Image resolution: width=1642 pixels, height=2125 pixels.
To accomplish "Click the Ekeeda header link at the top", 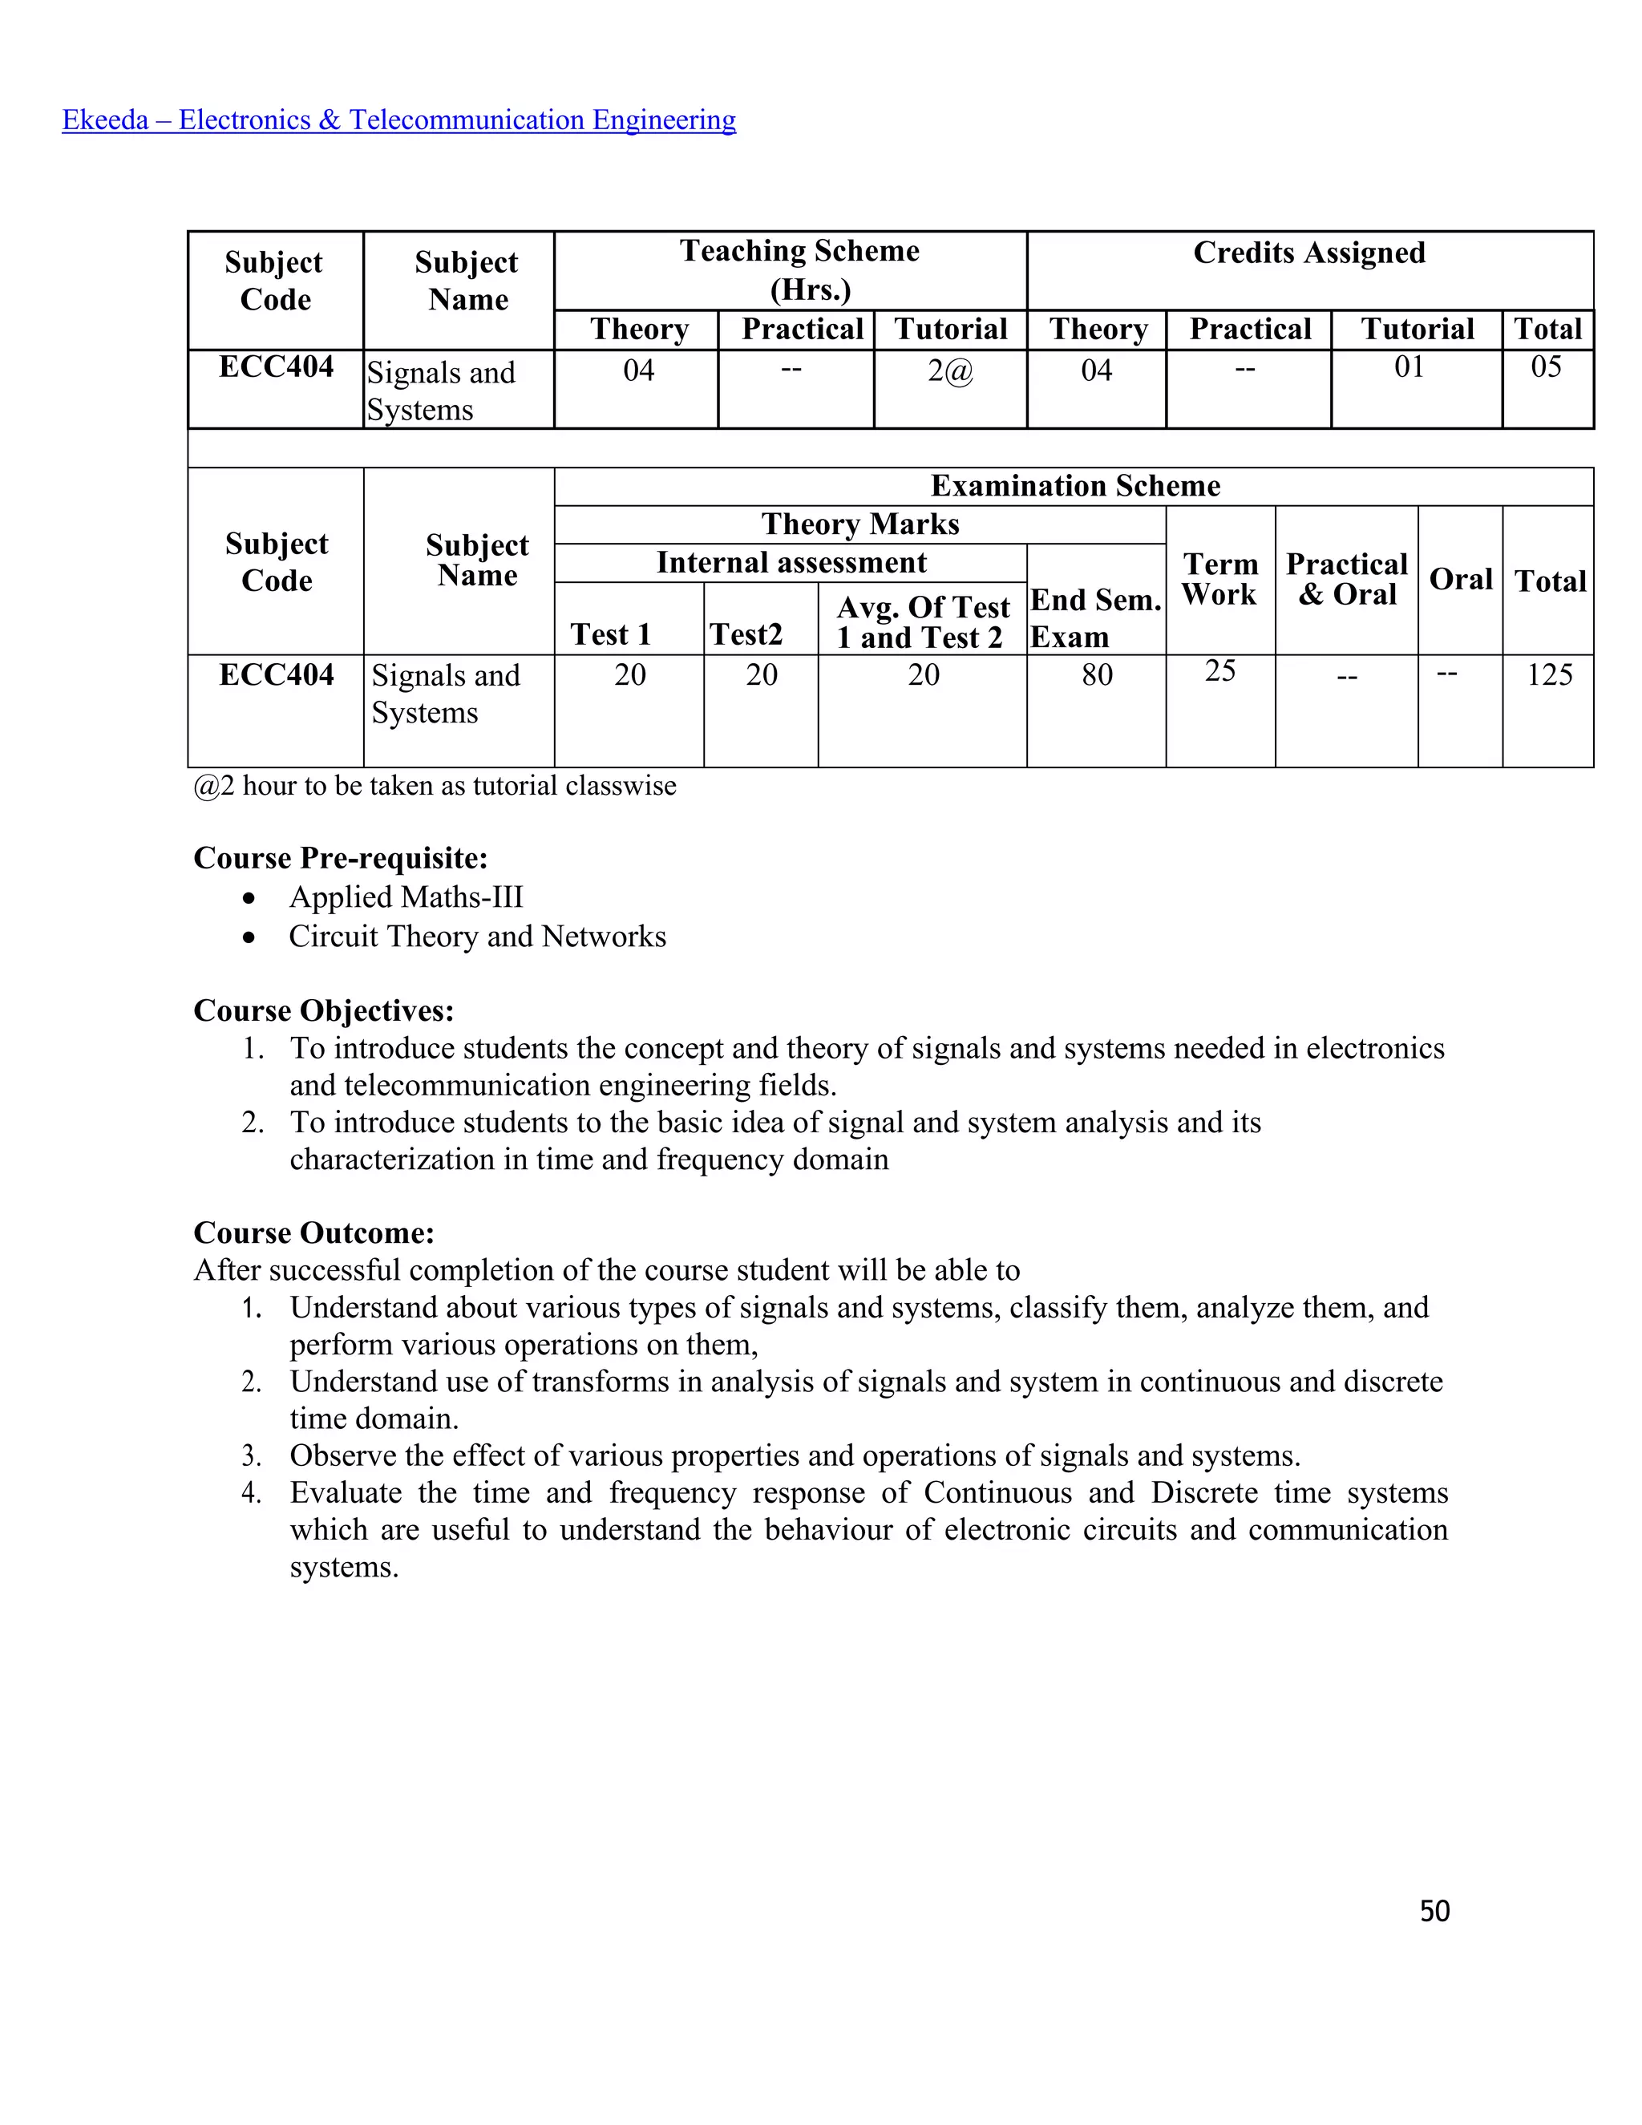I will point(398,119).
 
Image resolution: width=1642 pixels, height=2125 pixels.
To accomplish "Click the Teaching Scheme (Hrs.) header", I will point(799,269).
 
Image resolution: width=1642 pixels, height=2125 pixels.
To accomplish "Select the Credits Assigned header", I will point(1309,253).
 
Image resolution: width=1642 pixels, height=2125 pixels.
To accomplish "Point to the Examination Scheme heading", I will point(1075,485).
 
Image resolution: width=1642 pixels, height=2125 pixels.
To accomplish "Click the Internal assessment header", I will point(791,562).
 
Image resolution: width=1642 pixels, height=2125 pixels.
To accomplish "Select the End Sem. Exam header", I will point(1095,617).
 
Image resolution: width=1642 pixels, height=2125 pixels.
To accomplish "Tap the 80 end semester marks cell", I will point(1096,674).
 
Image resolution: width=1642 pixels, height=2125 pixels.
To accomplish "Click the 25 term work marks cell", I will point(1219,670).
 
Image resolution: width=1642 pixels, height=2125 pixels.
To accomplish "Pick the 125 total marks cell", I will point(1549,674).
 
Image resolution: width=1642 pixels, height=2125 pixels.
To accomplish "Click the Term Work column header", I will point(1219,579).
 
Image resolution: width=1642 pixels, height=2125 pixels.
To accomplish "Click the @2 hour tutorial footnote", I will point(435,785).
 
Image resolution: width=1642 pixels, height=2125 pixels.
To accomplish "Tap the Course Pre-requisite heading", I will point(341,858).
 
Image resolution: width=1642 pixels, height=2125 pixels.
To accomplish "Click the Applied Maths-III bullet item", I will point(406,897).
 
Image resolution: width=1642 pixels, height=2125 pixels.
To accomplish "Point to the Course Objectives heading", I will point(324,1011).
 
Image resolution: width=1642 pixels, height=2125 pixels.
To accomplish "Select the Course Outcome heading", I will point(313,1232).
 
